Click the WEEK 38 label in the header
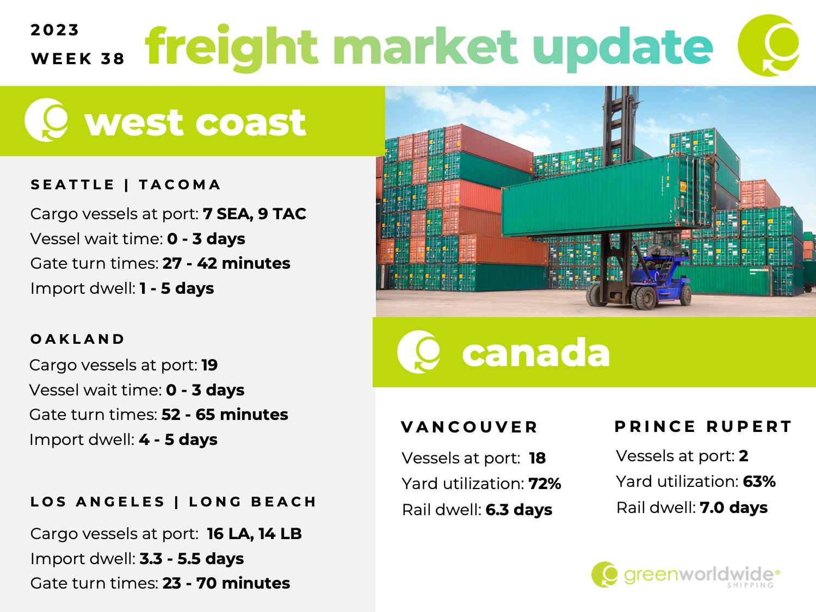78,59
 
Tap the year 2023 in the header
54,30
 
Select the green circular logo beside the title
769,45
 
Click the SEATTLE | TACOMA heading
126,184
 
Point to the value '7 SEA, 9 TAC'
255,214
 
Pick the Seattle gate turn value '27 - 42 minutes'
226,263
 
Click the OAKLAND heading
77,339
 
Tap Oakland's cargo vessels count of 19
209,365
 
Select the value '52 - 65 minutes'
225,415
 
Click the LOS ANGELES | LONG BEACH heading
173,502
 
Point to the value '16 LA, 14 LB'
254,534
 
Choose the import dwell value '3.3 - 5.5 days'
192,559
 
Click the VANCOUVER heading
469,428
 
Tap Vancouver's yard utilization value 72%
545,484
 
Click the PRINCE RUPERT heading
703,426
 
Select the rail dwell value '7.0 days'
733,508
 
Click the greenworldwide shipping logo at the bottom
685,574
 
